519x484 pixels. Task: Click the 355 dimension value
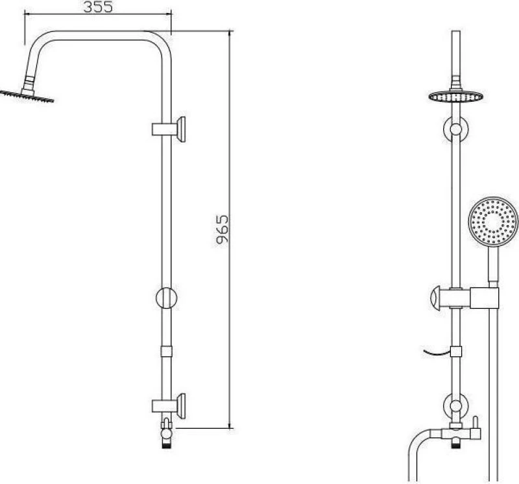click(x=98, y=6)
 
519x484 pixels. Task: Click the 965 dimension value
click(x=222, y=230)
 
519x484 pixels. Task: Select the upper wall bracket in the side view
click(x=169, y=130)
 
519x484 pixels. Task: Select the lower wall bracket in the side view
click(x=169, y=406)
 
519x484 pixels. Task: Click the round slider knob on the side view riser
click(x=166, y=298)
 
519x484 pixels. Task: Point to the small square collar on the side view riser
click(x=166, y=351)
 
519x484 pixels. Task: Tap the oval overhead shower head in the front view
click(x=456, y=97)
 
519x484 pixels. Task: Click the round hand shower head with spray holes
click(x=493, y=221)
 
